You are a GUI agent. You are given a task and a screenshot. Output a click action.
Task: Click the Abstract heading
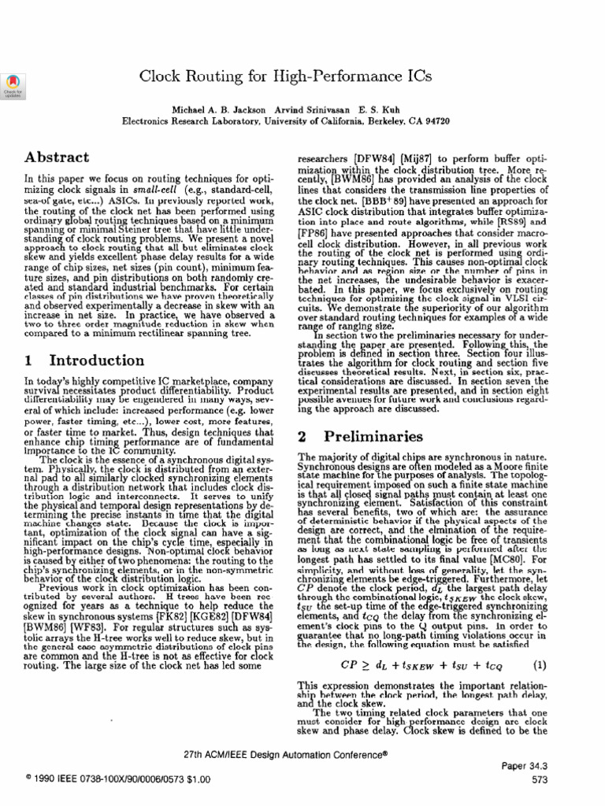pyautogui.click(x=54, y=157)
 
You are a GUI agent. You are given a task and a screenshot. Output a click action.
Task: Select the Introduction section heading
pyautogui.click(x=96, y=360)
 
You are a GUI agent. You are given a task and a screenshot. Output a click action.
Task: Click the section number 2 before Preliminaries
pyautogui.click(x=302, y=436)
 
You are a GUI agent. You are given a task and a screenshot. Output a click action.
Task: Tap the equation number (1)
pyautogui.click(x=540, y=665)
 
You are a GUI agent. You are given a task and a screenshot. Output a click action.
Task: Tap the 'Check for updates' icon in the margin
pyautogui.click(x=14, y=85)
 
